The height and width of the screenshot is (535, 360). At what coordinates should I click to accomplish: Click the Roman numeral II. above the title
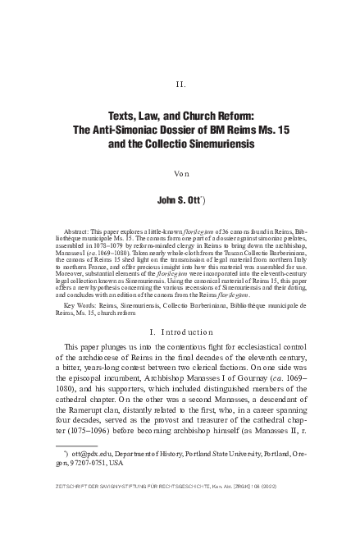[x=182, y=85]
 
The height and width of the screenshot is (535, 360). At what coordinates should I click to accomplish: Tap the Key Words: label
[x=80, y=304]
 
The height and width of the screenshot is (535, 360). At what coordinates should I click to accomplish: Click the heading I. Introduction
[x=182, y=330]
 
